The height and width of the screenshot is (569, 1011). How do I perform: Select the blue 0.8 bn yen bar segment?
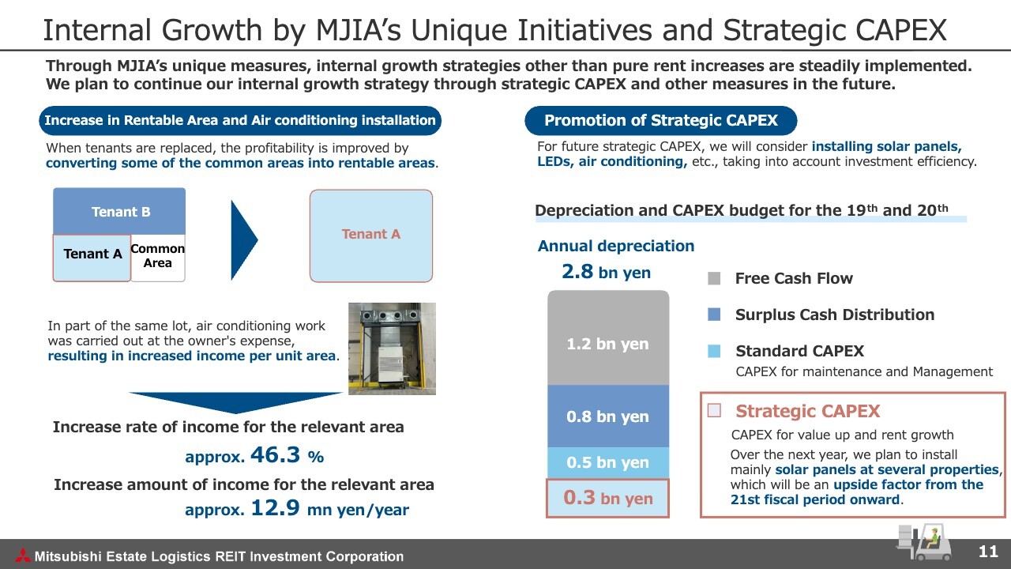coord(608,416)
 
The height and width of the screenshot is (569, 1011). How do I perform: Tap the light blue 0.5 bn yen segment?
coord(608,463)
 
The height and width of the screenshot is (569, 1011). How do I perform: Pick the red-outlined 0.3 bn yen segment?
coord(607,498)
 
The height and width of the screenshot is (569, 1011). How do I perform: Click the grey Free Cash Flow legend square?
coord(714,278)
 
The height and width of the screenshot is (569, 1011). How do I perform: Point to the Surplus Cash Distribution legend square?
coord(714,315)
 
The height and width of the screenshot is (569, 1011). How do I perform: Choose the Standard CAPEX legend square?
coord(714,351)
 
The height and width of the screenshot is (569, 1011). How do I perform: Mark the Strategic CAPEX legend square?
coord(714,410)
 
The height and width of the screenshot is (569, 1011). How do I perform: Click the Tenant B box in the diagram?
coord(119,211)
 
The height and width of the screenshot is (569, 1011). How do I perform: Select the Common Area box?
coord(157,258)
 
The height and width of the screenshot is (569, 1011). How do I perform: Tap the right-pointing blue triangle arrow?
coord(244,240)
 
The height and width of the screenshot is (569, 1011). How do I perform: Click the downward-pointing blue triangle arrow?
coord(235,402)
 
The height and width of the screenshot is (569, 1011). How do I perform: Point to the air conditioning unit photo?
coord(393,349)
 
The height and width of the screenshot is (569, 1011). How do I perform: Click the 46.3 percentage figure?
coord(276,454)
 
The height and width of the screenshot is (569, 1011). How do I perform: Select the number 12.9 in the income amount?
coord(276,507)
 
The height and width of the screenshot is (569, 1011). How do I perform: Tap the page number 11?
coord(988,552)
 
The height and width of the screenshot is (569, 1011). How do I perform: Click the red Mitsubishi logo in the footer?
coord(23,556)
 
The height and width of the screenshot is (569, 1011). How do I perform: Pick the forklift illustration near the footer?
coord(923,542)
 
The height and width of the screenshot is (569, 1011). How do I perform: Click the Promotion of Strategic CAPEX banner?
coord(661,121)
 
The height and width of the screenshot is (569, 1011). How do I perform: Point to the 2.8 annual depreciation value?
coord(577,272)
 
